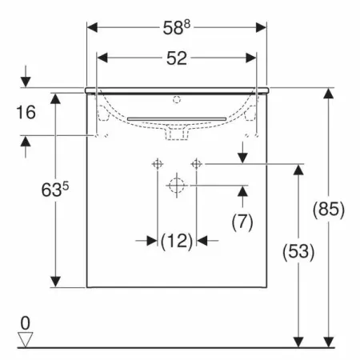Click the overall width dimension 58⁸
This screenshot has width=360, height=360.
click(x=176, y=27)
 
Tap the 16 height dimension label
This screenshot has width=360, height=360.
click(x=26, y=112)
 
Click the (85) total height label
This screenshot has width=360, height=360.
click(x=328, y=210)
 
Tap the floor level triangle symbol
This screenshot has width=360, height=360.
click(x=26, y=339)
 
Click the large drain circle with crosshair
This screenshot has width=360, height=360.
click(x=176, y=186)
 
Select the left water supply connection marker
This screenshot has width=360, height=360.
click(x=158, y=163)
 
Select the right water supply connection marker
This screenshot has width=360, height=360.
click(x=194, y=163)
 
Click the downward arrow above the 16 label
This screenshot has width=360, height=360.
click(x=26, y=81)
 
